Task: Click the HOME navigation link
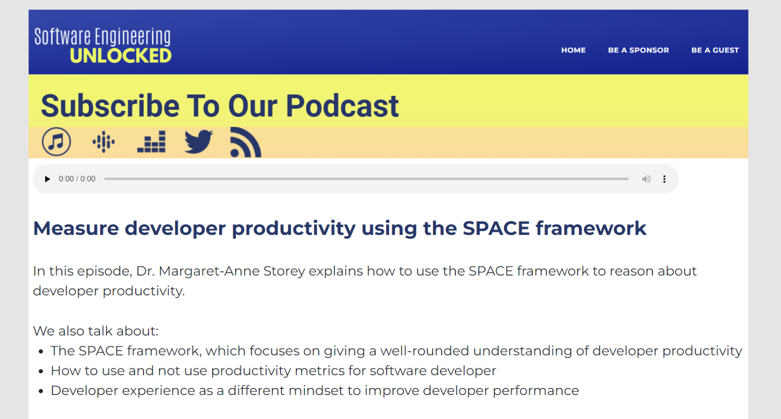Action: point(573,50)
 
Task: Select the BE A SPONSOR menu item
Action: point(639,50)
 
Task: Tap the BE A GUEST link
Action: point(715,50)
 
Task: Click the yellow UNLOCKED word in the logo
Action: point(121,56)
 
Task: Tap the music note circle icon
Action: point(56,141)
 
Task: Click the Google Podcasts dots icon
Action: point(104,141)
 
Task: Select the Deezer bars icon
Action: point(151,141)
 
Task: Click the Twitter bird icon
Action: point(198,141)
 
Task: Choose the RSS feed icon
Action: point(246,142)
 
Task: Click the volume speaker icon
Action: point(646,179)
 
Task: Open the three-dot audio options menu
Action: point(664,179)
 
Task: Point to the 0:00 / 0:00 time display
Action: point(77,179)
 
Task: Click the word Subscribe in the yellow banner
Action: point(110,106)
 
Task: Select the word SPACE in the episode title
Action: point(496,228)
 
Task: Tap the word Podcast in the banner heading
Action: point(342,106)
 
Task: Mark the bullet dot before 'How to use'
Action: point(41,371)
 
